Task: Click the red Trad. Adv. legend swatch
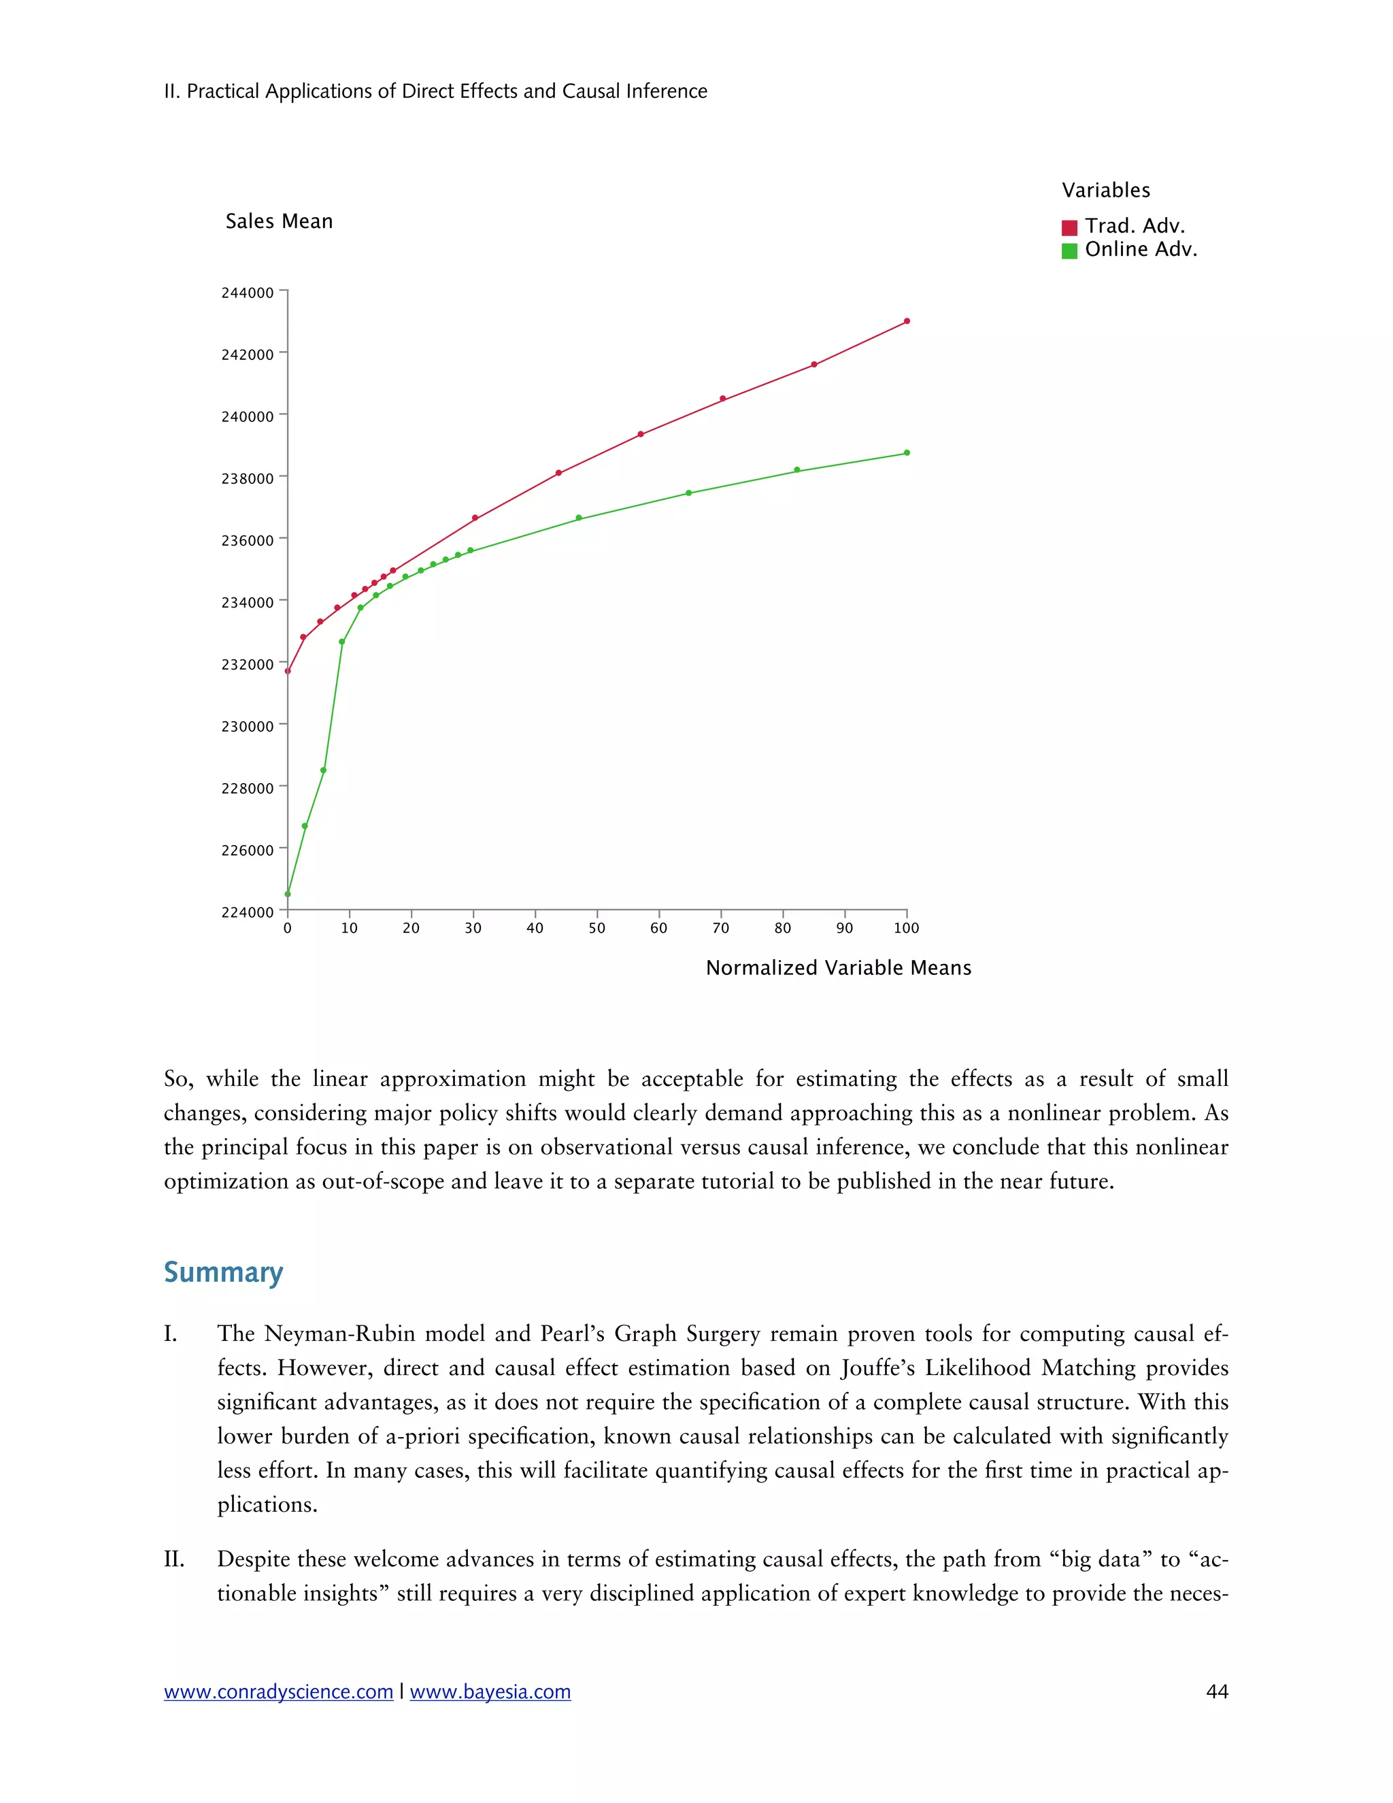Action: (x=1069, y=228)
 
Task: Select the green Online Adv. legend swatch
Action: (x=1069, y=251)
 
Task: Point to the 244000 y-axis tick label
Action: (x=247, y=293)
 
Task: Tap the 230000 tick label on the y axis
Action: (x=247, y=727)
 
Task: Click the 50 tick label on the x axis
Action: (x=597, y=928)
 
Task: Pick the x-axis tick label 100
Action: (x=906, y=928)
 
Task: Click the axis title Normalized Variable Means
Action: (x=839, y=967)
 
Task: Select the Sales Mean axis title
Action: (x=279, y=221)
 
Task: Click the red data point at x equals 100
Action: (x=907, y=321)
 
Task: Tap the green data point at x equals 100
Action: (x=907, y=452)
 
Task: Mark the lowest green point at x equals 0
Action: (x=288, y=894)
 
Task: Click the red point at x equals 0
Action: (x=288, y=671)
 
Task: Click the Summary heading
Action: (x=223, y=1272)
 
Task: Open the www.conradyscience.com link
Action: (x=278, y=1691)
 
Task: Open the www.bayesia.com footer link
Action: (x=490, y=1691)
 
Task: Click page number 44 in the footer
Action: (x=1216, y=1691)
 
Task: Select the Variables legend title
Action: (x=1105, y=191)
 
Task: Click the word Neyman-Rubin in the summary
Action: (x=341, y=1334)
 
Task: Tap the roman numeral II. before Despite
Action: (x=174, y=1559)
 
